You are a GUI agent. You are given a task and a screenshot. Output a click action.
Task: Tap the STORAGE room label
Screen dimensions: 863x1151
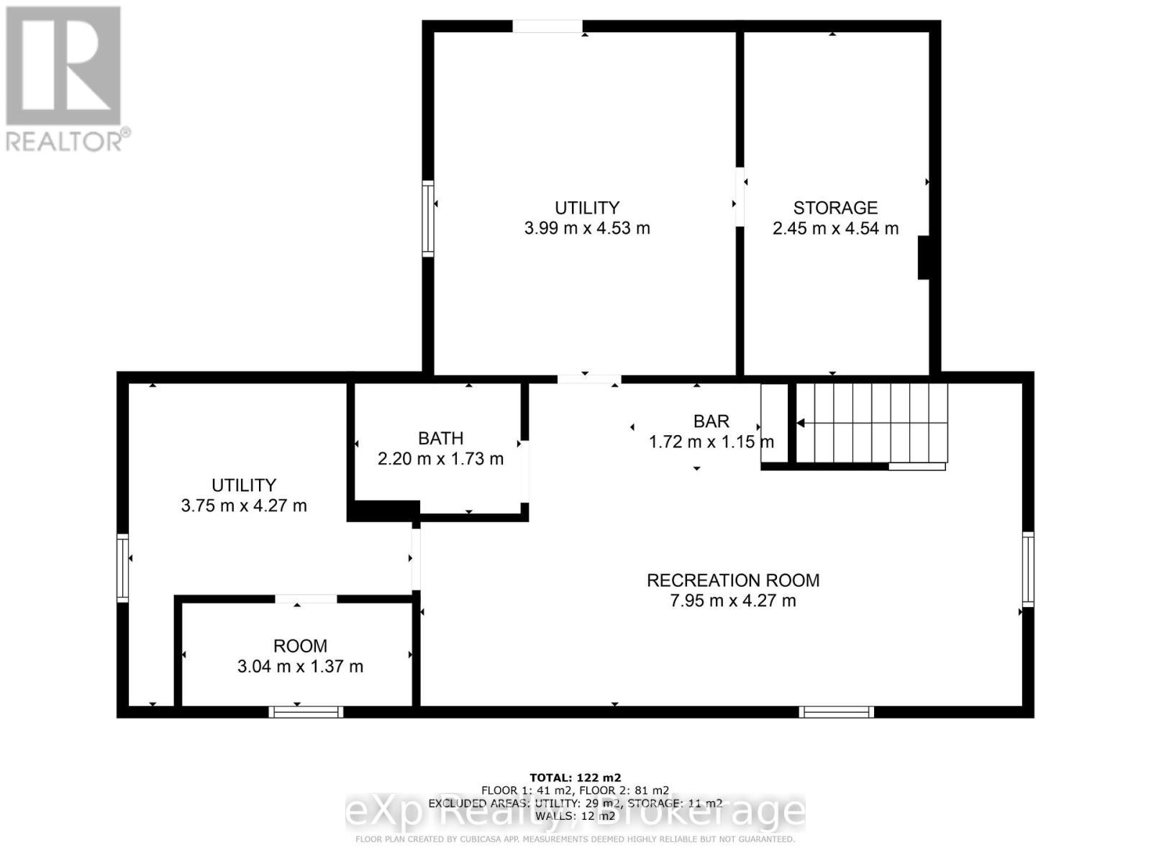[x=835, y=208]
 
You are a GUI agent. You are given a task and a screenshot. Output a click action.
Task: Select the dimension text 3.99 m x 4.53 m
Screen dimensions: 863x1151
[x=587, y=229]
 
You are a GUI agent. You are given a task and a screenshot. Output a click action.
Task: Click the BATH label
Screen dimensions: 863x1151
[x=440, y=438]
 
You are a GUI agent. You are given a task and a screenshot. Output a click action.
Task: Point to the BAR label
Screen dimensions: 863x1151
[x=711, y=421]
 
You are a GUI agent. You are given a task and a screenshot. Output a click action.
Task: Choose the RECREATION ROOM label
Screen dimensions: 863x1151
[x=733, y=580]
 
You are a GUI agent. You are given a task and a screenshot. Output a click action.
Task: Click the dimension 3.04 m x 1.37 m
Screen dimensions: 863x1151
[x=300, y=667]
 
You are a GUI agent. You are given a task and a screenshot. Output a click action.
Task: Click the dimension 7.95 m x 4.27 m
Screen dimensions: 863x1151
[x=733, y=601]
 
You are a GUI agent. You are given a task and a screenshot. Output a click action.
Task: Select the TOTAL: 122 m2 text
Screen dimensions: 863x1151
[x=575, y=777]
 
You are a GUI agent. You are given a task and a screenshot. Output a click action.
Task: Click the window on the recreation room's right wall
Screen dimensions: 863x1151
[x=1028, y=568]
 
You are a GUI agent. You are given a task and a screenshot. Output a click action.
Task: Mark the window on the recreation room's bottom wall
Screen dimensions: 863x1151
[x=836, y=712]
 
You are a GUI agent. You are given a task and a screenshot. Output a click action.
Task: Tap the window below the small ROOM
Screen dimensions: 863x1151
[x=306, y=712]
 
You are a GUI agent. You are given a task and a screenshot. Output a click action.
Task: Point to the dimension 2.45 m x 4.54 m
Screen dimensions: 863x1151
[x=835, y=229]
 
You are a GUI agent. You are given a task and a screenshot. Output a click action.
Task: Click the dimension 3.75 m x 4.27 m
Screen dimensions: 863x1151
[x=244, y=506]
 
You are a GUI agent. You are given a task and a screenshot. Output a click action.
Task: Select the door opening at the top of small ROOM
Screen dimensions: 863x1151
[x=306, y=599]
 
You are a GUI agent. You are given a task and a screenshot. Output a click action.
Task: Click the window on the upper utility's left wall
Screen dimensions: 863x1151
[x=428, y=219]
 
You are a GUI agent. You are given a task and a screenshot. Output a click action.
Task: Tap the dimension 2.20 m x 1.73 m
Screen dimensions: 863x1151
[x=440, y=459]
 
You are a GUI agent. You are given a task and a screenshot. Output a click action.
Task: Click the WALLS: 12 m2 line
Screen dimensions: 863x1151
[x=575, y=816]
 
